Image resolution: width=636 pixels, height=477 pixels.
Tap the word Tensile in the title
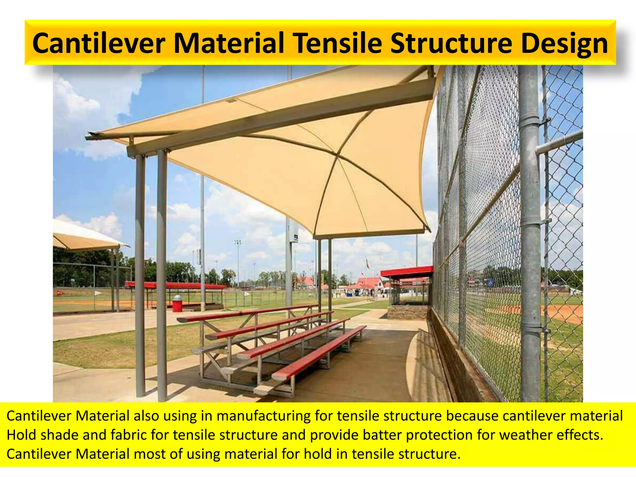pyautogui.click(x=338, y=43)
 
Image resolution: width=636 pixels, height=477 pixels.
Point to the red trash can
pyautogui.click(x=177, y=303)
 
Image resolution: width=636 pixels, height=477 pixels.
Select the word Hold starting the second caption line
pyautogui.click(x=21, y=435)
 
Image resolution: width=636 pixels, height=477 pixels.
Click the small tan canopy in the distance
pyautogui.click(x=84, y=238)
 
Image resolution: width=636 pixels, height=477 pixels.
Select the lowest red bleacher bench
pyautogui.click(x=320, y=351)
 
